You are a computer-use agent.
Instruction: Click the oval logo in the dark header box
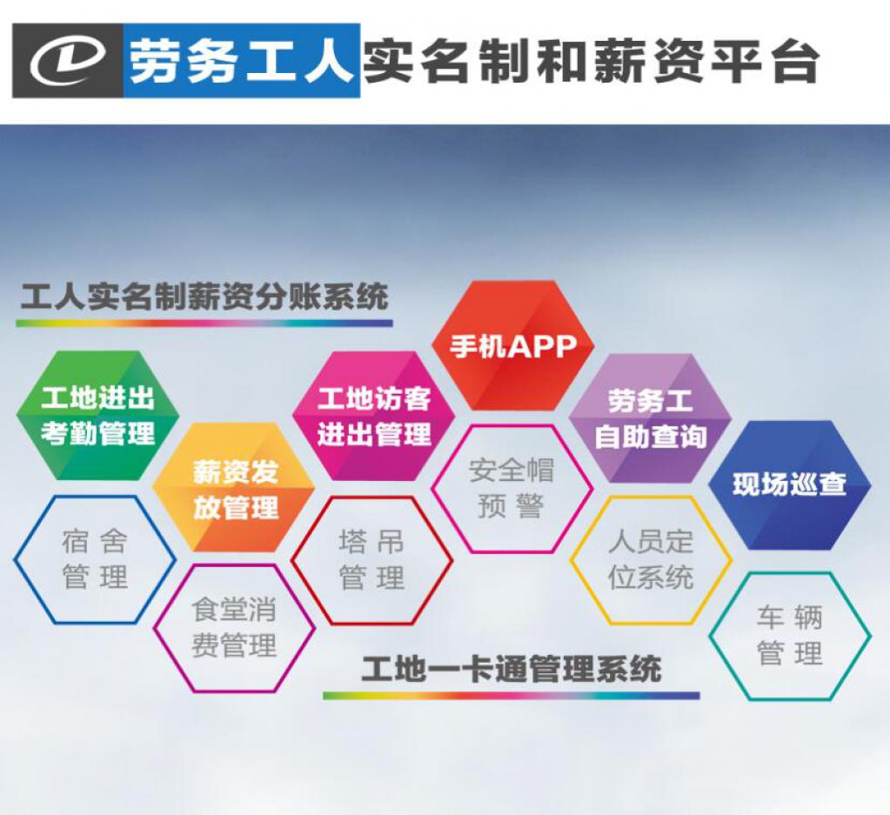click(68, 61)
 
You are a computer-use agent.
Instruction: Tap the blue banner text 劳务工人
click(241, 61)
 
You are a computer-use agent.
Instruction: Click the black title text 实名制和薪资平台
click(591, 61)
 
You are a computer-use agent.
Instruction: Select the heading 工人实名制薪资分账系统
click(204, 297)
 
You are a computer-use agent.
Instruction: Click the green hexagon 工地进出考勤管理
click(97, 416)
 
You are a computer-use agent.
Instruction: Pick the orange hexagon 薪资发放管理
click(234, 488)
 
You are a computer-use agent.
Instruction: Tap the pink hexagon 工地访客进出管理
click(373, 416)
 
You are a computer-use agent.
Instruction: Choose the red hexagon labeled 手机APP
click(512, 345)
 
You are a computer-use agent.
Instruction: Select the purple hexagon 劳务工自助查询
click(651, 418)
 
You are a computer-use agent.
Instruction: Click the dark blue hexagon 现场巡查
click(790, 485)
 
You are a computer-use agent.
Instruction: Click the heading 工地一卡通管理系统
click(512, 668)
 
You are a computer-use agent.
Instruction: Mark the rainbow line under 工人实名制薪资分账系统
click(204, 323)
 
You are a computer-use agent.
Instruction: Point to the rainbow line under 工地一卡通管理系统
click(512, 696)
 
